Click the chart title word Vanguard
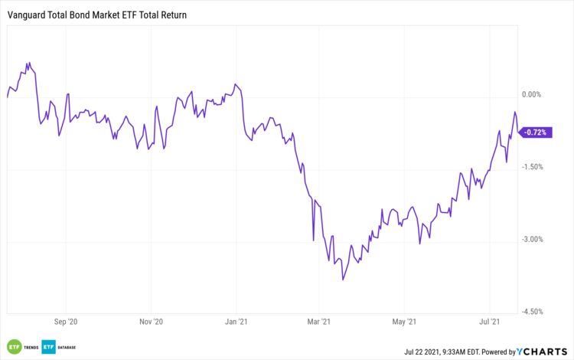click(x=28, y=15)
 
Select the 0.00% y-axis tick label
click(x=531, y=95)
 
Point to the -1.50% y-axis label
click(x=532, y=167)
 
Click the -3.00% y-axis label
click(x=532, y=239)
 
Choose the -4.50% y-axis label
click(x=532, y=311)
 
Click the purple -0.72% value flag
click(x=536, y=133)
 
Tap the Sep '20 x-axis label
click(x=68, y=322)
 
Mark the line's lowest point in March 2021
click(x=343, y=280)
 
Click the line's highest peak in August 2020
click(x=28, y=63)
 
